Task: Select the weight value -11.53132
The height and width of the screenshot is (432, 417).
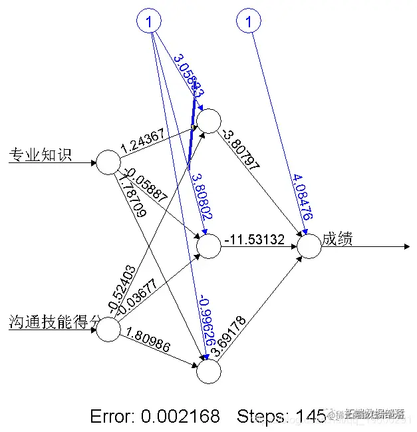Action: tap(255, 239)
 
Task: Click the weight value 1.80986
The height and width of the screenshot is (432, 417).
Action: tap(148, 344)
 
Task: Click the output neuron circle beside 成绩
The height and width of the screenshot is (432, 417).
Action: tap(309, 246)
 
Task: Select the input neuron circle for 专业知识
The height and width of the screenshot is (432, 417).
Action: tap(108, 162)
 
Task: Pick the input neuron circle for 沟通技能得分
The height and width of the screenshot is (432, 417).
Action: tap(108, 330)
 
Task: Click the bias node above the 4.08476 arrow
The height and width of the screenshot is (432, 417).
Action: tap(249, 22)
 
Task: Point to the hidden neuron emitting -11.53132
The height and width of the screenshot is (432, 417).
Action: tap(208, 246)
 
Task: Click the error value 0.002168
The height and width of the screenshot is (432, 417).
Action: tap(180, 417)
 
